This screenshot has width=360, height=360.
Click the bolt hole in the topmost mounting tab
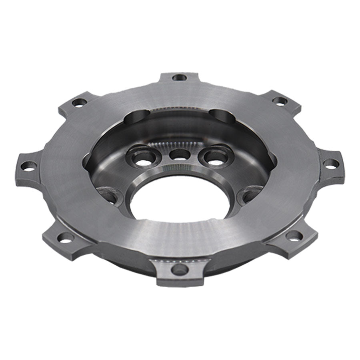point(179,77)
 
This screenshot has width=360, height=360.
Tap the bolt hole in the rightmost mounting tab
point(330,164)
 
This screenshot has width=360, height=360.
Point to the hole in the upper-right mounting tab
point(281,100)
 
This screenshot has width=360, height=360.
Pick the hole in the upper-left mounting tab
point(78,102)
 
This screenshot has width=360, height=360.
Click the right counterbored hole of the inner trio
point(215,158)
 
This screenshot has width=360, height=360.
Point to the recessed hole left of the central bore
point(110,196)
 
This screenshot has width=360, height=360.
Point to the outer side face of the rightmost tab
point(341,172)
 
